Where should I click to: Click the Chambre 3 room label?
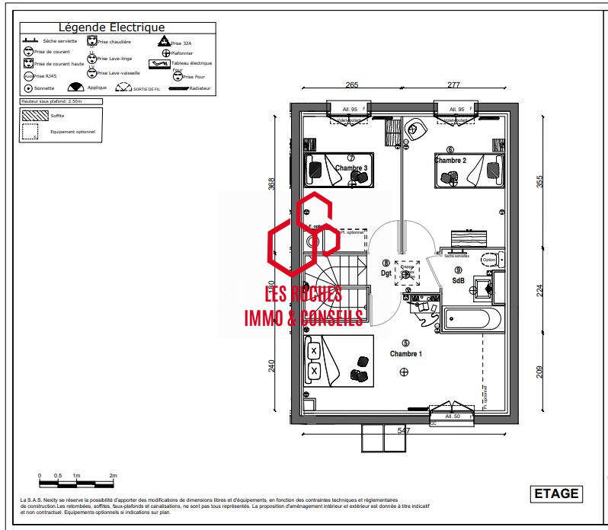(350, 168)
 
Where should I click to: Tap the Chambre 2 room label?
(450, 160)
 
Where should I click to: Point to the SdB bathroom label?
(458, 279)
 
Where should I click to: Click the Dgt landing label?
(386, 273)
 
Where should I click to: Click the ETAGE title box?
(555, 493)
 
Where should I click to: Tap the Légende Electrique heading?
(111, 28)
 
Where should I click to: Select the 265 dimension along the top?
(351, 85)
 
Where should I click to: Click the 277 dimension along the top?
(454, 85)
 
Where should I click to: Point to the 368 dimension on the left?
(271, 184)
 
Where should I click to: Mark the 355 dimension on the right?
(539, 181)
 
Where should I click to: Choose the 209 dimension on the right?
(539, 372)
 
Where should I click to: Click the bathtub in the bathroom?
(472, 319)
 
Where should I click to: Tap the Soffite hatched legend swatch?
(34, 115)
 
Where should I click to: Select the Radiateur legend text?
(200, 88)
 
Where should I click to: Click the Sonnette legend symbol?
(28, 88)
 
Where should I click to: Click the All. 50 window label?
(453, 417)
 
